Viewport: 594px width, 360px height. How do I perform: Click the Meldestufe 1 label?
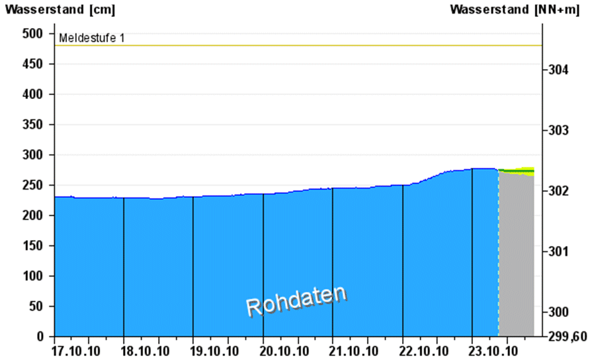click(91, 38)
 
